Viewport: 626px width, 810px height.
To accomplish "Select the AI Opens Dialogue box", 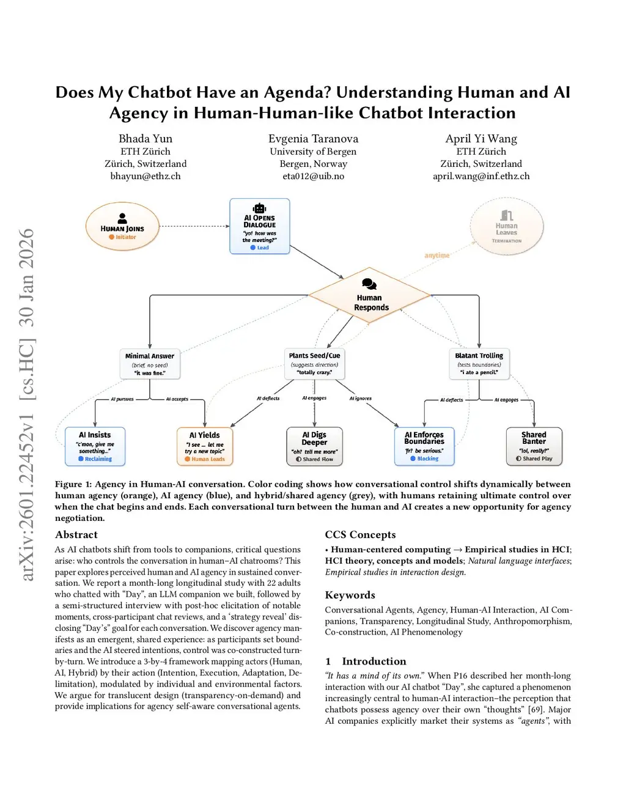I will [x=260, y=227].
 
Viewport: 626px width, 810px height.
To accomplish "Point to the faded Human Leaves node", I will [x=507, y=228].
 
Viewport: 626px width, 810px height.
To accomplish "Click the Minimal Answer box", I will [x=150, y=364].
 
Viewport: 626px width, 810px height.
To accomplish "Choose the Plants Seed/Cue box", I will [x=314, y=364].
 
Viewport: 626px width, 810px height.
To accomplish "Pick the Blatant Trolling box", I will [x=479, y=364].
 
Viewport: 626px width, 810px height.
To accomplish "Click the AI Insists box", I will [x=95, y=446].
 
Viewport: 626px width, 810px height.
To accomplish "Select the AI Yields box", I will [x=205, y=446].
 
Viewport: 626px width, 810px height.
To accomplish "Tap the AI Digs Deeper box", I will [x=314, y=446].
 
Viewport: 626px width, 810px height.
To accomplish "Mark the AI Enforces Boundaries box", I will [x=424, y=446].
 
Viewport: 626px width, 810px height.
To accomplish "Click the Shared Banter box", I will [x=534, y=446].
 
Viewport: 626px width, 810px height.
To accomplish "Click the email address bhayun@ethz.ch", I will [x=145, y=176].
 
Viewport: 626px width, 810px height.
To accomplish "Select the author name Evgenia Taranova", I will [x=313, y=139].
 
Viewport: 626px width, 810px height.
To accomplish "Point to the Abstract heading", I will [x=76, y=535].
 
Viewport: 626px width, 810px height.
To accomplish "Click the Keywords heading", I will [x=350, y=595].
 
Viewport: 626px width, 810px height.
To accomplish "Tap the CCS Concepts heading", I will [x=360, y=535].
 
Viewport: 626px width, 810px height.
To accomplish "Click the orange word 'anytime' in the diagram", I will [x=436, y=256].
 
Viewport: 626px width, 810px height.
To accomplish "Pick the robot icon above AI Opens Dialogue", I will [x=260, y=208].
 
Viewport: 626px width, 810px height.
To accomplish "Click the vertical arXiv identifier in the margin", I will [x=27, y=404].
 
